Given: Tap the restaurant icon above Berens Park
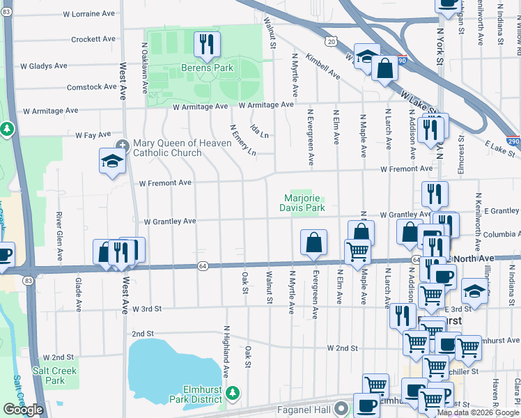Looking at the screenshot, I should click(x=207, y=45).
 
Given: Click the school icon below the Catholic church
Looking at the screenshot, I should click(x=111, y=162).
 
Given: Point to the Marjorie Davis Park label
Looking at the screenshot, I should click(x=302, y=203).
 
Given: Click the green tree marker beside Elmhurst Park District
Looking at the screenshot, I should click(x=234, y=395).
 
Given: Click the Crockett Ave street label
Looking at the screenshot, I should click(x=92, y=39).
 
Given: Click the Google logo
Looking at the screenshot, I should click(x=22, y=410).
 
